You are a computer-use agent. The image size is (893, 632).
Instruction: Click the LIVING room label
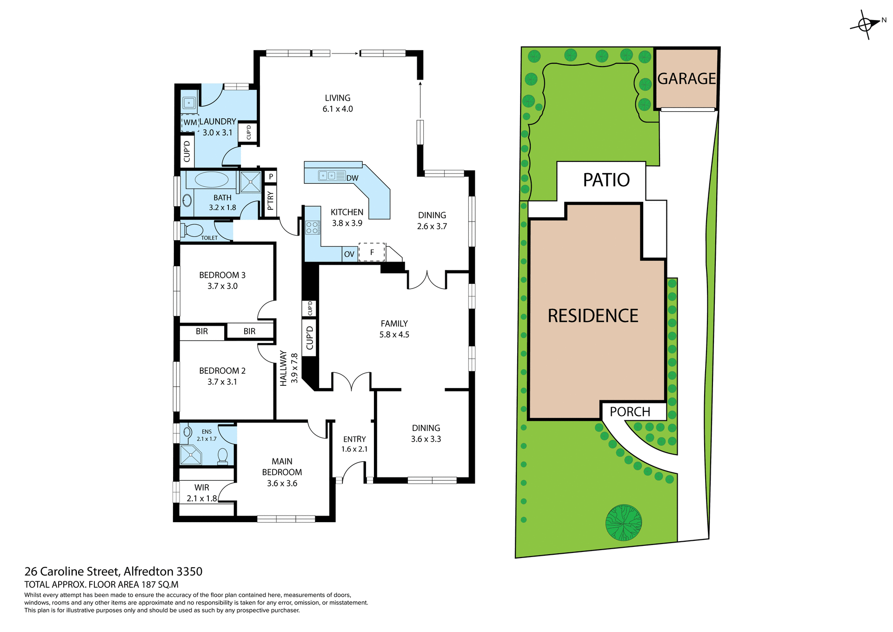338,103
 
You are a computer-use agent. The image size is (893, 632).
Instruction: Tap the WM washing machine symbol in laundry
190,123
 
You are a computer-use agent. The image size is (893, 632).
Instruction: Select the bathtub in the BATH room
212,180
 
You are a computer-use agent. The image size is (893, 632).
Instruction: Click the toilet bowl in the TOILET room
193,230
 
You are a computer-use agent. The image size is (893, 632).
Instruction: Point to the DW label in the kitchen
352,178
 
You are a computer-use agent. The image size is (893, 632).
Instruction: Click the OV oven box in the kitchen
349,254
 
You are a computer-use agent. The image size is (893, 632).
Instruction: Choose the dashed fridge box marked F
372,252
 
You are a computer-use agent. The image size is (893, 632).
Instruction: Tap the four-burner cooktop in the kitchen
312,228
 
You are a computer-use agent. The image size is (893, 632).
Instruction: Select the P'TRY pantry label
270,201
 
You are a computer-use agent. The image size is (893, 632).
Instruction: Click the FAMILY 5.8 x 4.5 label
394,329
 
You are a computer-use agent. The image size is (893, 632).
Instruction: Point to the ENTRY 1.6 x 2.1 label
354,444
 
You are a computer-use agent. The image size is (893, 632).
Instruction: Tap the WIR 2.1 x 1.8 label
202,493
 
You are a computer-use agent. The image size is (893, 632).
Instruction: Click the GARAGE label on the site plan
686,79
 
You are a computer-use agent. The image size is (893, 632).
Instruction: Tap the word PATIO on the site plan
606,180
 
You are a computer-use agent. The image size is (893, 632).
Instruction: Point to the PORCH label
630,412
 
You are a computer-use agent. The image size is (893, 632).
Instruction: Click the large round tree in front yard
623,523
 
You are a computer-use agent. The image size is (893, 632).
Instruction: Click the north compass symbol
865,24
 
